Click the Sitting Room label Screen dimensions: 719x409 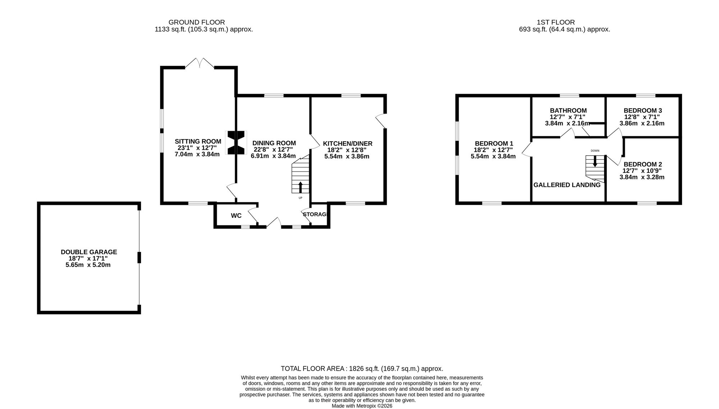coord(198,142)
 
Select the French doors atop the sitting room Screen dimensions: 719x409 coord(200,63)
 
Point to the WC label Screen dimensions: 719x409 coord(236,216)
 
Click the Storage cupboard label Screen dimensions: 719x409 coord(315,215)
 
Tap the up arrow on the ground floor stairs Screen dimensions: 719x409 coord(301,187)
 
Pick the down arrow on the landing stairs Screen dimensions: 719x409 coord(595,161)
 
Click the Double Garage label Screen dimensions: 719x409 coord(89,252)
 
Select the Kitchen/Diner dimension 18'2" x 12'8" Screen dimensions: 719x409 coord(347,150)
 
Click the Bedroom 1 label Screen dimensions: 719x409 coord(494,143)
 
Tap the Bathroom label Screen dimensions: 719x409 coord(568,111)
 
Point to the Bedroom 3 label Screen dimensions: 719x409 coord(643,111)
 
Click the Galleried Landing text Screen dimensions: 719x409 coord(567,185)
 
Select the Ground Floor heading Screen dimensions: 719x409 coord(197,22)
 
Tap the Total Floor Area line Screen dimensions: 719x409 coord(362,369)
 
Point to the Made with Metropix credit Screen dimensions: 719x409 coord(362,406)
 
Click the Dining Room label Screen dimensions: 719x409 coord(274,143)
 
